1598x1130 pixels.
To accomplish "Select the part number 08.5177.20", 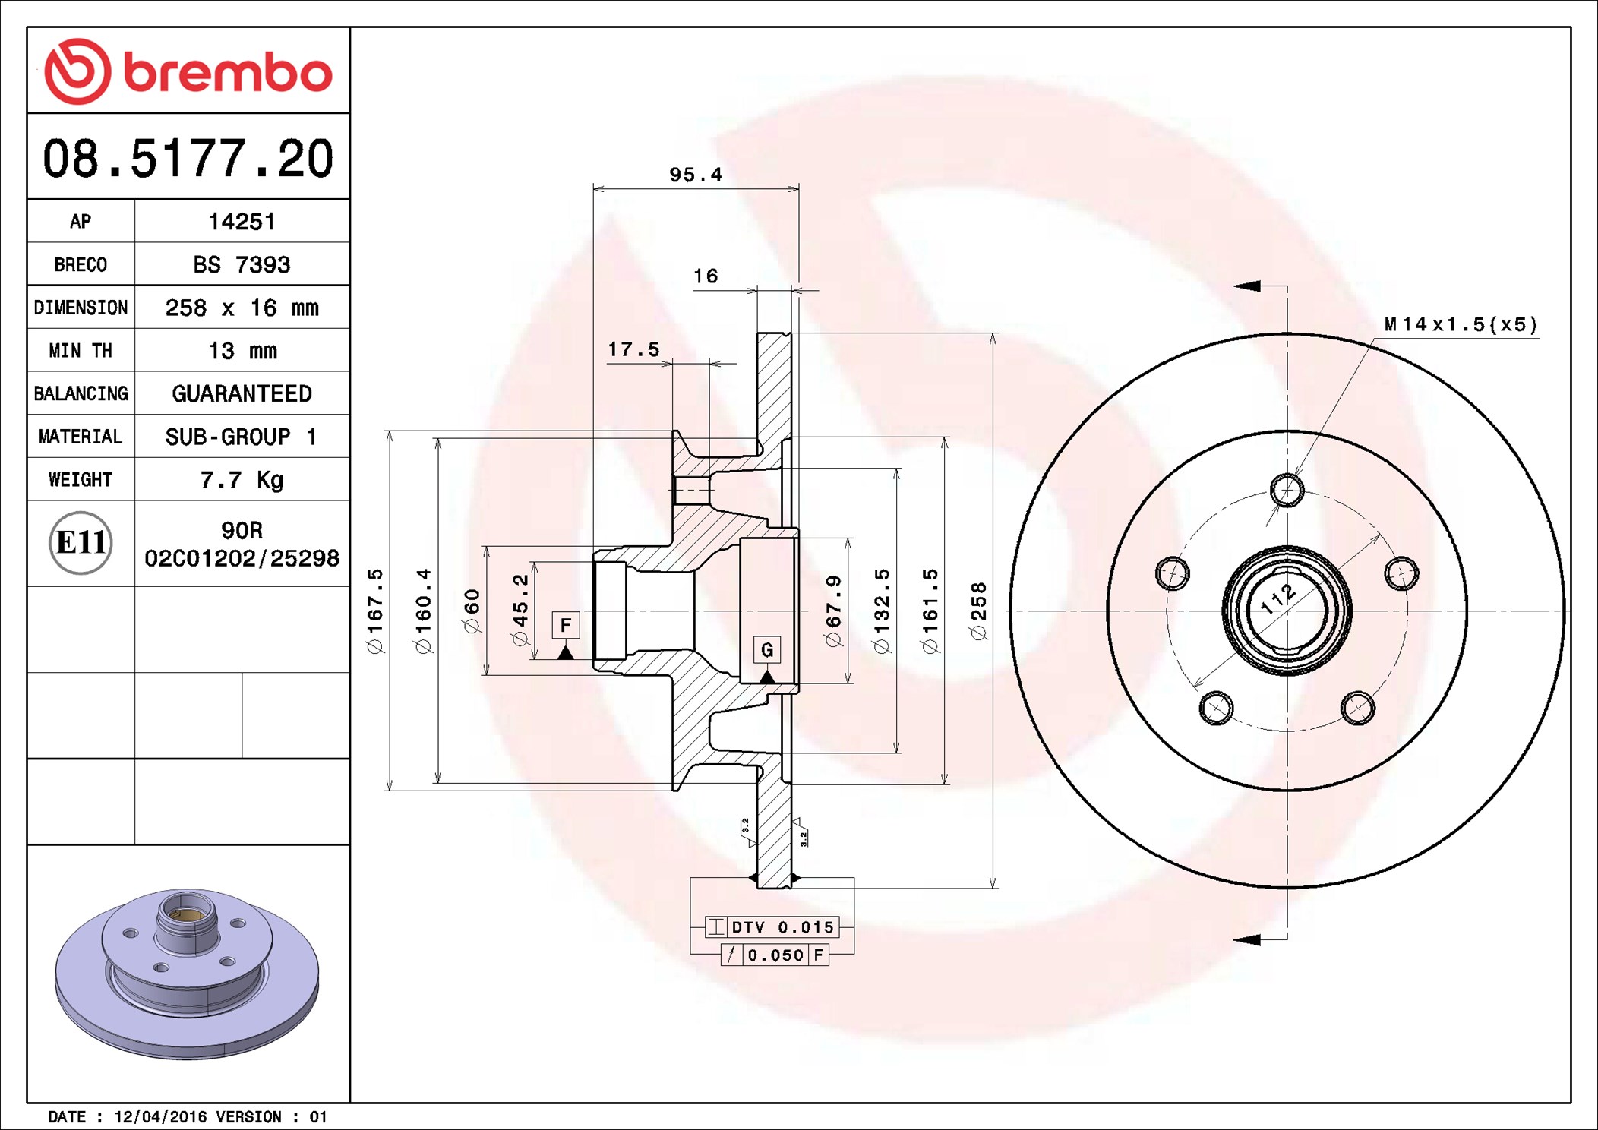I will click(188, 159).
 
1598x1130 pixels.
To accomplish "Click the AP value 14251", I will click(242, 222).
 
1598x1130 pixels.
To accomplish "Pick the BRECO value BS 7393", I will click(242, 265).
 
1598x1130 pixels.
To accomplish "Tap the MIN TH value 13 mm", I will click(242, 351).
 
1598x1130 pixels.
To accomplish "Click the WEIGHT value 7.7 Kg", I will click(242, 480).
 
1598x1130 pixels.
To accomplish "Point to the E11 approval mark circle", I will click(81, 543).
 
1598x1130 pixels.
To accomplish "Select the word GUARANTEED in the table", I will click(242, 394).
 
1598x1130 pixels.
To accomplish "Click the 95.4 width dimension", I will click(695, 175).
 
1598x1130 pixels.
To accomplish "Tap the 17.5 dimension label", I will click(633, 350).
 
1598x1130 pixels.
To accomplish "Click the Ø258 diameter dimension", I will click(979, 611).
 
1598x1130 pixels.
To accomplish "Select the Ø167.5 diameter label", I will click(376, 611).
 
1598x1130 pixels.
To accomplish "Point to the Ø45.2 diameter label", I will click(520, 611).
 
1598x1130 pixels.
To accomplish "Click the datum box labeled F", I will click(565, 625).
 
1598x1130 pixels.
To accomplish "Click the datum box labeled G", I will click(766, 649).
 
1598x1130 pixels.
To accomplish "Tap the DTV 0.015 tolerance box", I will click(782, 927).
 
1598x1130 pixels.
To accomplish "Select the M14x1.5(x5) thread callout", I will click(1460, 325).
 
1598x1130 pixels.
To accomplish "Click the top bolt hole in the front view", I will click(1287, 490).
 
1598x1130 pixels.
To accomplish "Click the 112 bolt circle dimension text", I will click(1279, 598).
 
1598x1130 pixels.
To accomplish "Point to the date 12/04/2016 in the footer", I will click(160, 1117).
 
